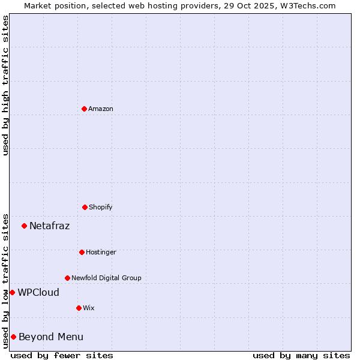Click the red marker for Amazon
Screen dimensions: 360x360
point(84,109)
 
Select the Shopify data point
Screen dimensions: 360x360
point(85,207)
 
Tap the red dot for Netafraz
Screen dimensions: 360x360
point(24,226)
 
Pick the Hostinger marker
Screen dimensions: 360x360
point(82,252)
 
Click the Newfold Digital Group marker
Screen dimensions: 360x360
point(67,278)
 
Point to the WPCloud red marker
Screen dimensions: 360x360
point(12,292)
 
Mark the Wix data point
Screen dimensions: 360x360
point(79,308)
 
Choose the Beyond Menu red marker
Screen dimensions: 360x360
point(13,337)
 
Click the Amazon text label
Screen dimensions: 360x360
point(101,109)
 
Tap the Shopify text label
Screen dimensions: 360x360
point(101,207)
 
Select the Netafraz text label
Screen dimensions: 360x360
point(49,226)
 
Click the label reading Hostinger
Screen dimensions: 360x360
point(101,252)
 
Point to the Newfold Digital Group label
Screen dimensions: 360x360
point(106,278)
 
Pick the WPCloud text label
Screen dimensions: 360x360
point(38,293)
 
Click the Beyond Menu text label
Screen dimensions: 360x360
point(51,337)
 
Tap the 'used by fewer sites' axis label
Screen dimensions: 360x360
point(62,355)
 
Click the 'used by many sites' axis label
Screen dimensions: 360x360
point(301,355)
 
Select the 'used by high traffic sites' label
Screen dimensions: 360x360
point(5,85)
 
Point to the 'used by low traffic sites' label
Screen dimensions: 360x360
point(5,281)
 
